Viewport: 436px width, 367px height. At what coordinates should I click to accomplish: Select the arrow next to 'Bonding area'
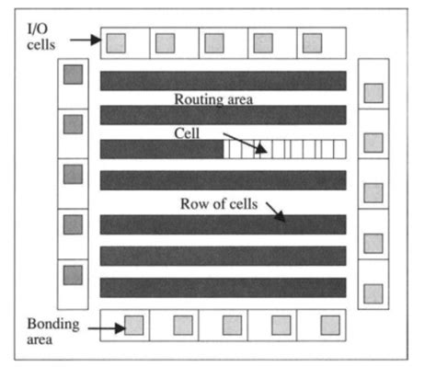pos(109,327)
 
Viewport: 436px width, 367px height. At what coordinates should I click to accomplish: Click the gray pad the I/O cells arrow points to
pos(116,42)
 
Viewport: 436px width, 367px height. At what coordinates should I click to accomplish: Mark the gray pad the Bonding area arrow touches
pos(133,325)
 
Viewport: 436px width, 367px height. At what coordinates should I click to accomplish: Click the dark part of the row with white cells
pos(161,149)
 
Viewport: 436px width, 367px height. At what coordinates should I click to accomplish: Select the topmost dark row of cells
pos(222,80)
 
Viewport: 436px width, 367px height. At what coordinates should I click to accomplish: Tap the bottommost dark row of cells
pos(222,287)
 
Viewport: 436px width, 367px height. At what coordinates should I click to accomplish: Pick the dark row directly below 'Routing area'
pos(222,115)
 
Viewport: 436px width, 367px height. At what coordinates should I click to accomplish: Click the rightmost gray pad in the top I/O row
pos(313,42)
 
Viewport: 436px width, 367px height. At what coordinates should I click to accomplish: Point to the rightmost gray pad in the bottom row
pos(331,325)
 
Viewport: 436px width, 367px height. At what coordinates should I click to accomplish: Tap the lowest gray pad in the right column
pos(373,292)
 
